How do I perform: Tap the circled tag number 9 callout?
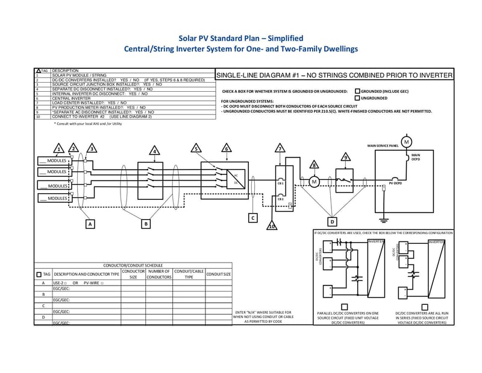coord(345,157)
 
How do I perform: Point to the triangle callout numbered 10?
coord(272,226)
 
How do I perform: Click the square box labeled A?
coord(90,224)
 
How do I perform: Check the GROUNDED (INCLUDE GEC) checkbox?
coord(358,91)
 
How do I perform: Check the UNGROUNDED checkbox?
coord(358,98)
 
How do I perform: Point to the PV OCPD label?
coord(395,182)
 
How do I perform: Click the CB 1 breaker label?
coord(280,182)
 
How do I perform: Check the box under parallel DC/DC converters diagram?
coord(344,306)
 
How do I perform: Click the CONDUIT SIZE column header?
coord(218,275)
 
